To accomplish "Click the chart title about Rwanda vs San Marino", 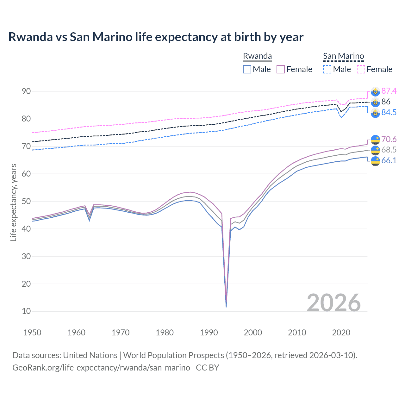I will coord(156,37).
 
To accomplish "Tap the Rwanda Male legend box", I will coord(247,69).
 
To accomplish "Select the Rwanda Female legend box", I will coord(281,69).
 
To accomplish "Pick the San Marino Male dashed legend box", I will coord(327,69).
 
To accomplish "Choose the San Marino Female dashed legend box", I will coord(361,69).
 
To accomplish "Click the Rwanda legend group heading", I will coord(257,56).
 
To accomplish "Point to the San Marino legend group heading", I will coord(343,56).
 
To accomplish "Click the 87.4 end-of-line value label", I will coord(389,91).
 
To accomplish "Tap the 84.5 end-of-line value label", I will coord(389,113).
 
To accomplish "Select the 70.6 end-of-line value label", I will coord(389,140).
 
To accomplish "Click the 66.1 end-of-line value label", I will coord(389,161).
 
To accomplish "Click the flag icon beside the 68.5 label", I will coord(375,150).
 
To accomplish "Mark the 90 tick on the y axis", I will coord(26,91).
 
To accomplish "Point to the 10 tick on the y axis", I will coord(26,311).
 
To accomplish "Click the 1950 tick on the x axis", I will coord(32,333).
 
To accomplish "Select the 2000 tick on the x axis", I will coord(253,333).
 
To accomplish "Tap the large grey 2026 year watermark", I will coord(333,303).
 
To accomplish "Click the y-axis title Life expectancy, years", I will coord(14,202).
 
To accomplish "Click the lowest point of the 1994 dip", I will coord(226,307).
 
